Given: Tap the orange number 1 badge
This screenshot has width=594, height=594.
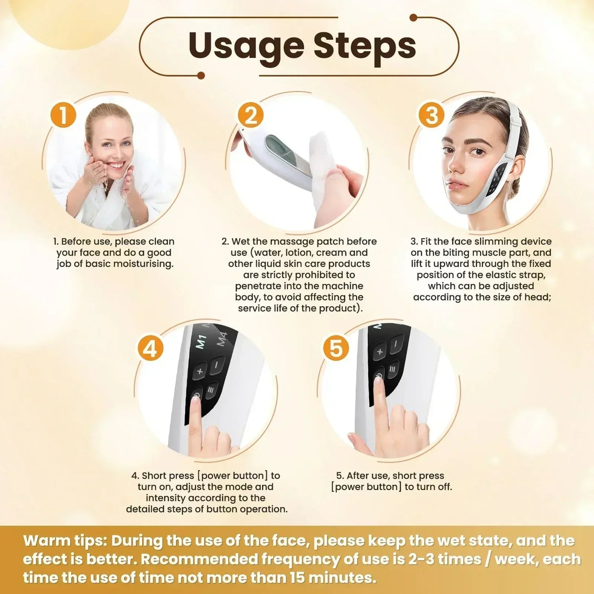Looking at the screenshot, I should pos(63,115).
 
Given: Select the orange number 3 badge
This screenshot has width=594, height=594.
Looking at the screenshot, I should pos(431,115).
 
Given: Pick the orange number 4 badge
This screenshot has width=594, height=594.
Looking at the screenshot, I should pos(150,349).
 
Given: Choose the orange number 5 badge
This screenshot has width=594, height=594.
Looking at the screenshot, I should pos(335,349).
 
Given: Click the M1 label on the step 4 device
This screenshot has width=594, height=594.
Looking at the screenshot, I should pos(201,342).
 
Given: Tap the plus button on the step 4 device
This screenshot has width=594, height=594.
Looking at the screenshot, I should pos(200,371).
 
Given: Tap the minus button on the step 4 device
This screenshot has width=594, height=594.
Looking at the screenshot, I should pos(217,365).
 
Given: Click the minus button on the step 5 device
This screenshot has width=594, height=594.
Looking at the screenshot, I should pos(396,343).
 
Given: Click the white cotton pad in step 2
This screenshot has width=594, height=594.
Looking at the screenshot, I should pos(325,169).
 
